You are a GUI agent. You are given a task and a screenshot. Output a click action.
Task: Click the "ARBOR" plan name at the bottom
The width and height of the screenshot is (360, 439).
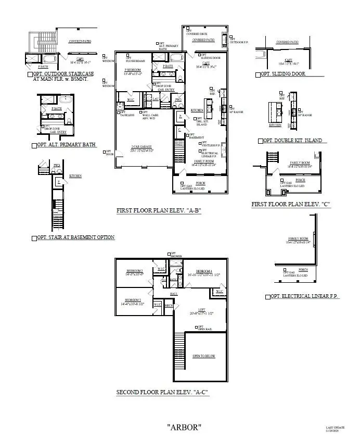point(184,427)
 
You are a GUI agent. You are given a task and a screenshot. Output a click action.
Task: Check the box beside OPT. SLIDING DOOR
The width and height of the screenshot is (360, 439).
point(258,74)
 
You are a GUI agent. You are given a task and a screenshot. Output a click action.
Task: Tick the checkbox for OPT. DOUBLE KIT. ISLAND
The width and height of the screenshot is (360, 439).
point(261,141)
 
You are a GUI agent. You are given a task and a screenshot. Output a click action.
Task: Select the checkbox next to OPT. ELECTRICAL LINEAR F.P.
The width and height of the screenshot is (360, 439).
point(267,296)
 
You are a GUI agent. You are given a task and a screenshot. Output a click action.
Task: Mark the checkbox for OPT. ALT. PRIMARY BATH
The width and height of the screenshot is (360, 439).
point(34,145)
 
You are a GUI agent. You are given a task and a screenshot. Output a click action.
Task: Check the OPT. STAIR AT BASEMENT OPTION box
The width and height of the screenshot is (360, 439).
point(34,238)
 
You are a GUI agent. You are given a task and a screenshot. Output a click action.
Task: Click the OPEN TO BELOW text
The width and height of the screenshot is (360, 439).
point(203,356)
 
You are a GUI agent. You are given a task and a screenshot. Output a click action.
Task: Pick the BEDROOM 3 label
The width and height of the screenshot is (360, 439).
point(132,300)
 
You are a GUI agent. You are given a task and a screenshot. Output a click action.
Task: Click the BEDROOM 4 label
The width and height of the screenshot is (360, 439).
point(203,271)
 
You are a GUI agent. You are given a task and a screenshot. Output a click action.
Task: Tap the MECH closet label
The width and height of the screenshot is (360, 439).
point(169,306)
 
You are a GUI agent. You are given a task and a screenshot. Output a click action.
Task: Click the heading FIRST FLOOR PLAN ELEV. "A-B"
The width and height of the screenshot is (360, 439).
point(159,211)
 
